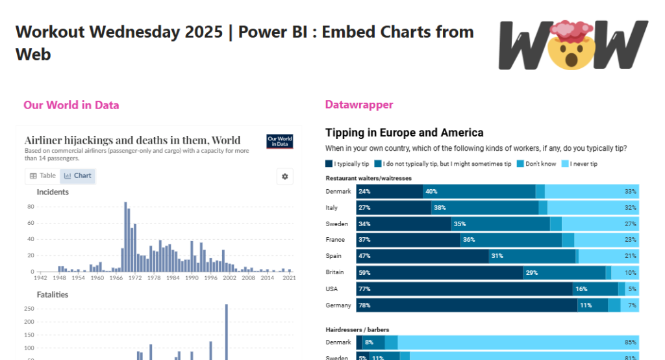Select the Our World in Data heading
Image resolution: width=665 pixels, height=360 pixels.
click(71, 105)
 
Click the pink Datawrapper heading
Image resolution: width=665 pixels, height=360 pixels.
click(358, 105)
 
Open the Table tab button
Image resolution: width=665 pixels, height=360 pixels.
click(43, 175)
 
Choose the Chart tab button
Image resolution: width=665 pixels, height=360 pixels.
click(78, 175)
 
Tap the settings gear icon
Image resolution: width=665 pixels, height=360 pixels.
click(285, 176)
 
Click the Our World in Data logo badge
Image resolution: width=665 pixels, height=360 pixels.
click(280, 141)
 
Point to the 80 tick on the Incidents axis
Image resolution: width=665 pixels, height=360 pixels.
click(31, 207)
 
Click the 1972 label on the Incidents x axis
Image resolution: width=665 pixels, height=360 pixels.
click(134, 277)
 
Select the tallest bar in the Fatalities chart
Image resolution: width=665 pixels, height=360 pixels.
click(227, 331)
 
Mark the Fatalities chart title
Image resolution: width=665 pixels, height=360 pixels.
click(53, 294)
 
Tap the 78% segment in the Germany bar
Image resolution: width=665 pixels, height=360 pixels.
click(466, 305)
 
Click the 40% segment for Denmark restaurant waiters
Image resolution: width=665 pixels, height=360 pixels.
click(479, 191)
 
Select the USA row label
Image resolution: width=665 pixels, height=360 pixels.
click(332, 289)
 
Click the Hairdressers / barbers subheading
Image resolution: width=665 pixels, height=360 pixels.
click(357, 329)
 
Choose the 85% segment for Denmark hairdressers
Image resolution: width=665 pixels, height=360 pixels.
click(518, 342)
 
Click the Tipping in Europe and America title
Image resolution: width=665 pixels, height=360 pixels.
click(404, 133)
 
